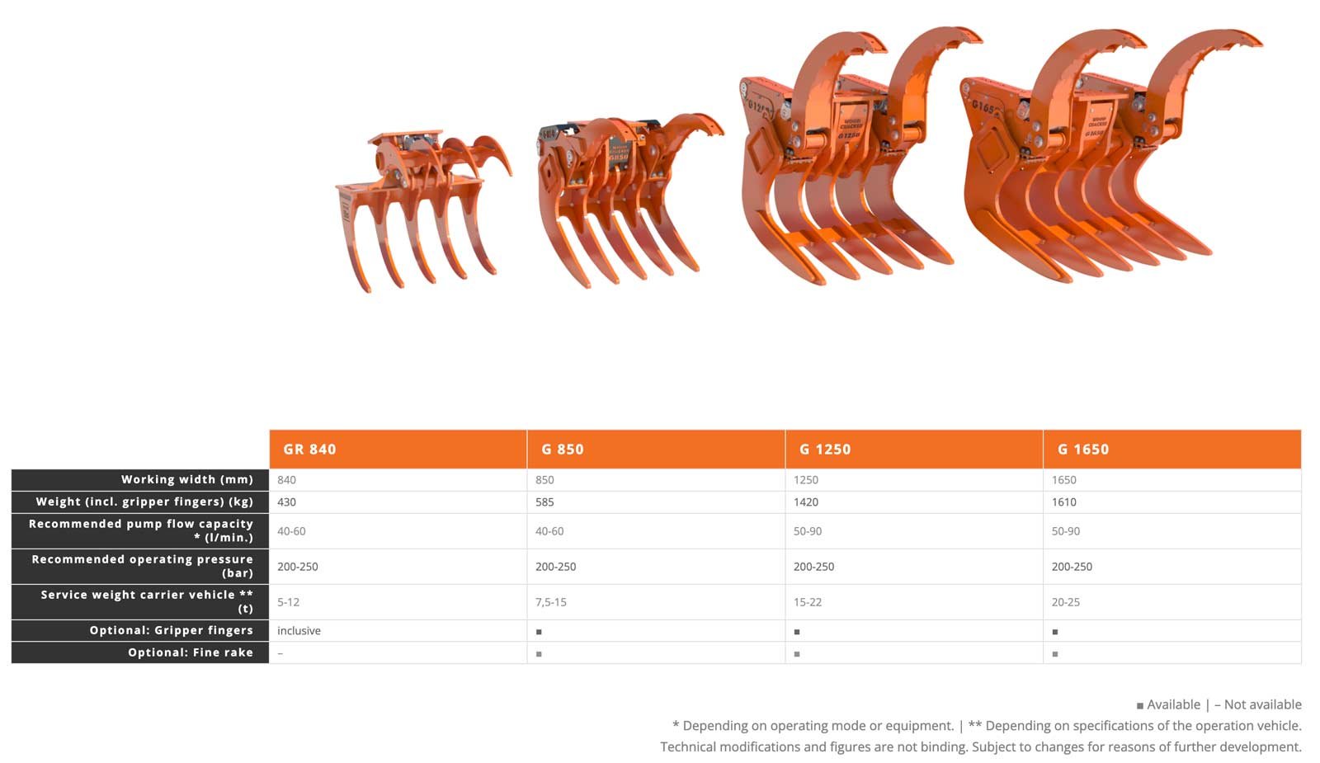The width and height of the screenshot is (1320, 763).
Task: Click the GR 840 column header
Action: (309, 449)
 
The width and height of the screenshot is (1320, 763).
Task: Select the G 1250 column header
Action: (825, 449)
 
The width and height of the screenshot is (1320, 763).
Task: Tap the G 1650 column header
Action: (1083, 449)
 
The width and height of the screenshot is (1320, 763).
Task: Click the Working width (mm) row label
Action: (187, 479)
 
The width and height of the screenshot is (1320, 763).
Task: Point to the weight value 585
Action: (544, 502)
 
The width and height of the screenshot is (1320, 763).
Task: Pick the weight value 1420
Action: (805, 502)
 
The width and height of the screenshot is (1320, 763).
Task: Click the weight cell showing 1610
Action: (1063, 502)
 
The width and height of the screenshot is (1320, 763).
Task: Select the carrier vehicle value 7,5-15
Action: (550, 602)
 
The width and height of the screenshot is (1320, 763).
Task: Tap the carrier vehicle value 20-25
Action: (1065, 602)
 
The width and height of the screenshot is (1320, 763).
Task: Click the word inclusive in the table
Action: (299, 630)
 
